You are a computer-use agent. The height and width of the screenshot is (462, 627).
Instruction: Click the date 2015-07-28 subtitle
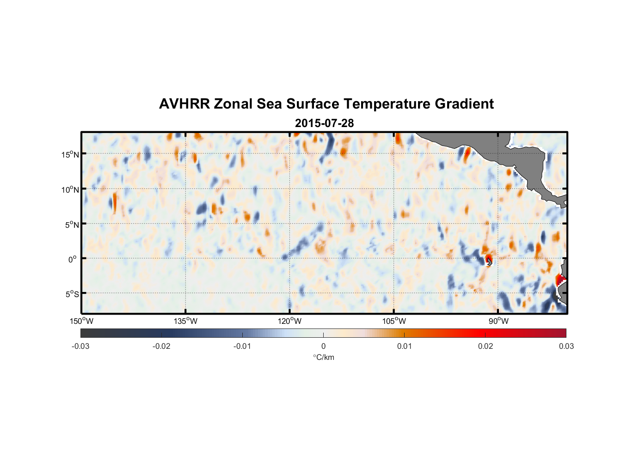[324, 123]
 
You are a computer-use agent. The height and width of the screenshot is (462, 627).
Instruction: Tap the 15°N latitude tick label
[70, 154]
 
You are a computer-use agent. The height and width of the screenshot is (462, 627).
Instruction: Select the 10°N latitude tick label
[70, 189]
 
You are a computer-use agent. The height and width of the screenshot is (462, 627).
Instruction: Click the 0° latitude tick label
[73, 259]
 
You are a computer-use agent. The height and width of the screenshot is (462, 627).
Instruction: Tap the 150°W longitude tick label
[81, 321]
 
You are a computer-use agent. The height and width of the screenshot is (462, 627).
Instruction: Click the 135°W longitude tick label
[185, 321]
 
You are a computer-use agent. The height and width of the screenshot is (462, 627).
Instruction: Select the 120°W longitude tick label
[290, 321]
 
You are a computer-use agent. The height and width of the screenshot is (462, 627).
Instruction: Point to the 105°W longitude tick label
[394, 321]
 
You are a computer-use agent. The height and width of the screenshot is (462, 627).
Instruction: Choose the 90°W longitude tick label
[498, 321]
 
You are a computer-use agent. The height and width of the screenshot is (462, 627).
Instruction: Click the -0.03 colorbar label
[80, 346]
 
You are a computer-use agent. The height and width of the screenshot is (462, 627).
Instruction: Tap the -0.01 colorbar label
[242, 346]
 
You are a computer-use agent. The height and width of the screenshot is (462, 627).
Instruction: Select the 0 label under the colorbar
[323, 346]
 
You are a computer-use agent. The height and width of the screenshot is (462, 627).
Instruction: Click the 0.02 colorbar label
[486, 346]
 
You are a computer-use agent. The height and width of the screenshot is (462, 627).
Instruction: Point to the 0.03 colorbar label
[566, 346]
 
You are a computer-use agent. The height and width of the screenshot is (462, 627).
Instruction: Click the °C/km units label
[324, 357]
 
